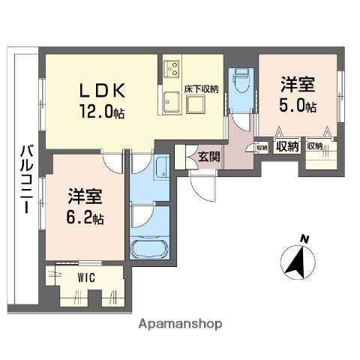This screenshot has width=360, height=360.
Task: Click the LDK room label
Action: click(x=102, y=90)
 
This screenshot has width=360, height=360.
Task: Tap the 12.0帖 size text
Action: click(x=102, y=111)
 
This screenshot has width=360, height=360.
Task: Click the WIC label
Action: click(x=86, y=277)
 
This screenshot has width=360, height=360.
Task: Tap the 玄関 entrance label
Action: click(x=209, y=157)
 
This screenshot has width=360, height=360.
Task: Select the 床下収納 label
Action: click(x=202, y=89)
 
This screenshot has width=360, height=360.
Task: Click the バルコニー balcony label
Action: click(x=26, y=178)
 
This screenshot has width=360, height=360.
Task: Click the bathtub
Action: click(x=149, y=249)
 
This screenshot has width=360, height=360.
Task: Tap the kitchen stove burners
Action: click(x=172, y=68)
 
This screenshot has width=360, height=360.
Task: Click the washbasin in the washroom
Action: click(x=163, y=167)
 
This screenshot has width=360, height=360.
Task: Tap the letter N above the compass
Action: click(x=304, y=239)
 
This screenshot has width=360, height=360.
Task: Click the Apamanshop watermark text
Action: click(x=180, y=324)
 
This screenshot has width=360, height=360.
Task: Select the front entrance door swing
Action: click(x=202, y=186)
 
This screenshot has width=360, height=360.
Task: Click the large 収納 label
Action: click(x=287, y=146)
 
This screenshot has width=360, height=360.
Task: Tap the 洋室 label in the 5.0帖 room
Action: click(x=297, y=84)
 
